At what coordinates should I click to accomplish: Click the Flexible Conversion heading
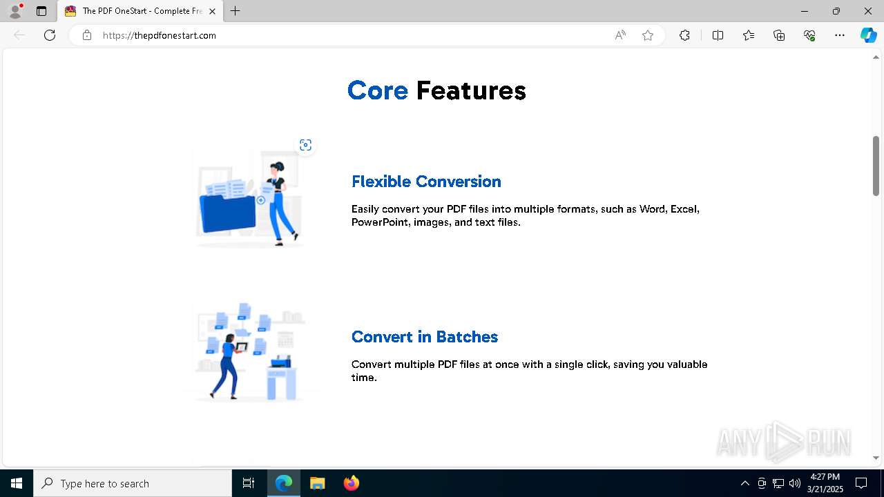click(x=426, y=182)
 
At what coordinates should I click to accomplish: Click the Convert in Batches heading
click(x=424, y=337)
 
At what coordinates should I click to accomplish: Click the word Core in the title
click(x=378, y=90)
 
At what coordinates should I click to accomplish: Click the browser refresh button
click(x=50, y=35)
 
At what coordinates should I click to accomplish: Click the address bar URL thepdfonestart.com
click(x=160, y=35)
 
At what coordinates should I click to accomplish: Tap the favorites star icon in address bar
click(x=648, y=35)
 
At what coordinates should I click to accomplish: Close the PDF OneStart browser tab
click(x=213, y=11)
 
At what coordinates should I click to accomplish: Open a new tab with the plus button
click(x=236, y=11)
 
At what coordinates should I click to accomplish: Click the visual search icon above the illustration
click(x=305, y=145)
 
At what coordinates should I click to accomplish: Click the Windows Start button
click(x=17, y=483)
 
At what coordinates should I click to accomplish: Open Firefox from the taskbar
click(x=352, y=483)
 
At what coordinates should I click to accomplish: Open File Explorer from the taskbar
click(x=318, y=483)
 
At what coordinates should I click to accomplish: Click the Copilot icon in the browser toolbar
click(x=868, y=35)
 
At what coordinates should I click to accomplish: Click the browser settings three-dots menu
click(x=840, y=35)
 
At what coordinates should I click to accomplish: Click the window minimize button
click(x=805, y=11)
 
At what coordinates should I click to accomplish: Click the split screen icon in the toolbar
click(x=718, y=35)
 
